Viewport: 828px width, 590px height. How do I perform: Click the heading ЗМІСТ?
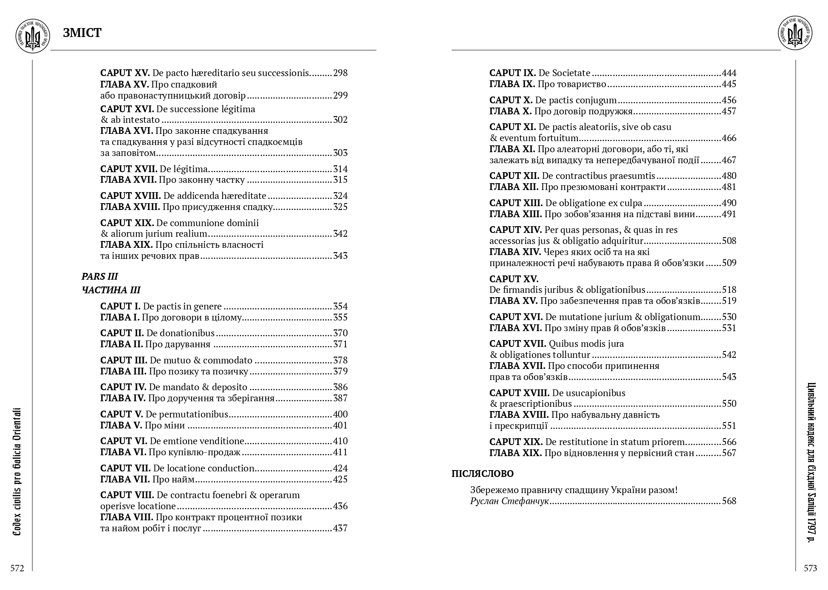coord(82,33)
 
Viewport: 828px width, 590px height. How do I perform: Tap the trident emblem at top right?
coord(795,34)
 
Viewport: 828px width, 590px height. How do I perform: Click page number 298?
coord(340,73)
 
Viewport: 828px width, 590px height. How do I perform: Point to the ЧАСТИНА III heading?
coord(110,290)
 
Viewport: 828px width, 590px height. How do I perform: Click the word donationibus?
coord(181,333)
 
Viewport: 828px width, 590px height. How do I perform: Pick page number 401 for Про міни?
coord(340,425)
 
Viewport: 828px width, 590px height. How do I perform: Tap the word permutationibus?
coord(187,414)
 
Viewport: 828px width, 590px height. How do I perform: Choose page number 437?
coord(340,528)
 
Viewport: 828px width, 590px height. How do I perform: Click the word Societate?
coord(571,73)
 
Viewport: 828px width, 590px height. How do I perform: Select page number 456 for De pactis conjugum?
coord(729,100)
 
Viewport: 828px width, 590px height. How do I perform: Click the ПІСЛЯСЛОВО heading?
coord(482,474)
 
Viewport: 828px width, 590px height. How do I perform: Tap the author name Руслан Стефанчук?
coord(509,502)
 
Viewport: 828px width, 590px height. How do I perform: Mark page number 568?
coord(729,501)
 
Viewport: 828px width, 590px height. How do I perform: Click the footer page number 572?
coord(17,569)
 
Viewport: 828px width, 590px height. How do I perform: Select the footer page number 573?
coord(810,569)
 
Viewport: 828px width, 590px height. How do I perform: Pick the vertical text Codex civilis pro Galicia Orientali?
coord(17,472)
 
